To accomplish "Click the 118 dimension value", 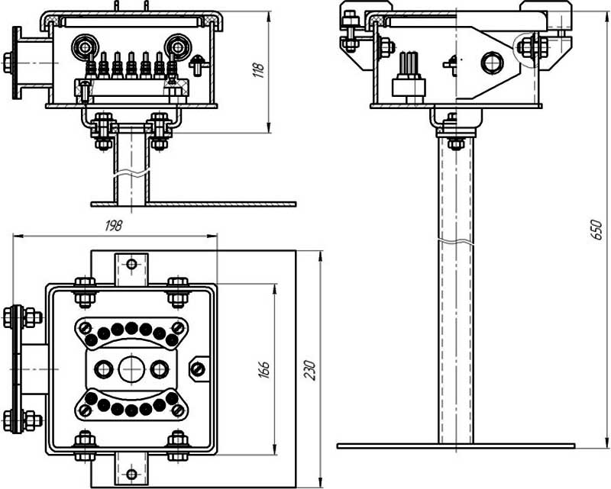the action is tap(259, 69).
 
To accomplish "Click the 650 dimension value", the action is tap(596, 230).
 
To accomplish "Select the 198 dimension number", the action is tap(114, 225).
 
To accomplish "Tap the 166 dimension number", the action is tap(263, 370).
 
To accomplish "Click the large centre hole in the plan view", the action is tap(131, 368).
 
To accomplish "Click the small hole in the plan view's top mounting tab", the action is tap(131, 264).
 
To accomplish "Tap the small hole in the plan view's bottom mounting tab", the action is tap(131, 475).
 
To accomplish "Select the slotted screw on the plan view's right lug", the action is tap(198, 368).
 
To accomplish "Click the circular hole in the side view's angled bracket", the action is tap(492, 63).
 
